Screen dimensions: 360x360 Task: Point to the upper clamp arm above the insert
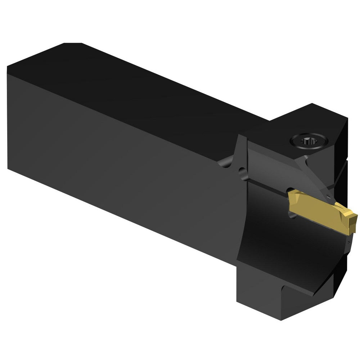pos(274,166)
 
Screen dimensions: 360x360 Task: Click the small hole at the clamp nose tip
pos(328,197)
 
